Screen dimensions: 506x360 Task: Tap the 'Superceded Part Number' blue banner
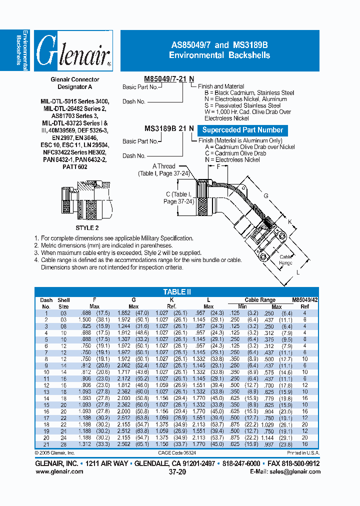tap(242, 130)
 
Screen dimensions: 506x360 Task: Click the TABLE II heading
tap(177, 292)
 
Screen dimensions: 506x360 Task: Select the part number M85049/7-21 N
tap(168, 79)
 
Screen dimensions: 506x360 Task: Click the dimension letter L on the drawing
tap(298, 272)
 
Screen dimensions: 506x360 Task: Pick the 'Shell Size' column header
tap(63, 303)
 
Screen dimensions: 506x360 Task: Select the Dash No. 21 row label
tap(45, 444)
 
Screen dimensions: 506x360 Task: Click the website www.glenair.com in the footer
tap(59, 471)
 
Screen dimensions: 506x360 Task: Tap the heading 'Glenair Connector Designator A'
tap(75, 83)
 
